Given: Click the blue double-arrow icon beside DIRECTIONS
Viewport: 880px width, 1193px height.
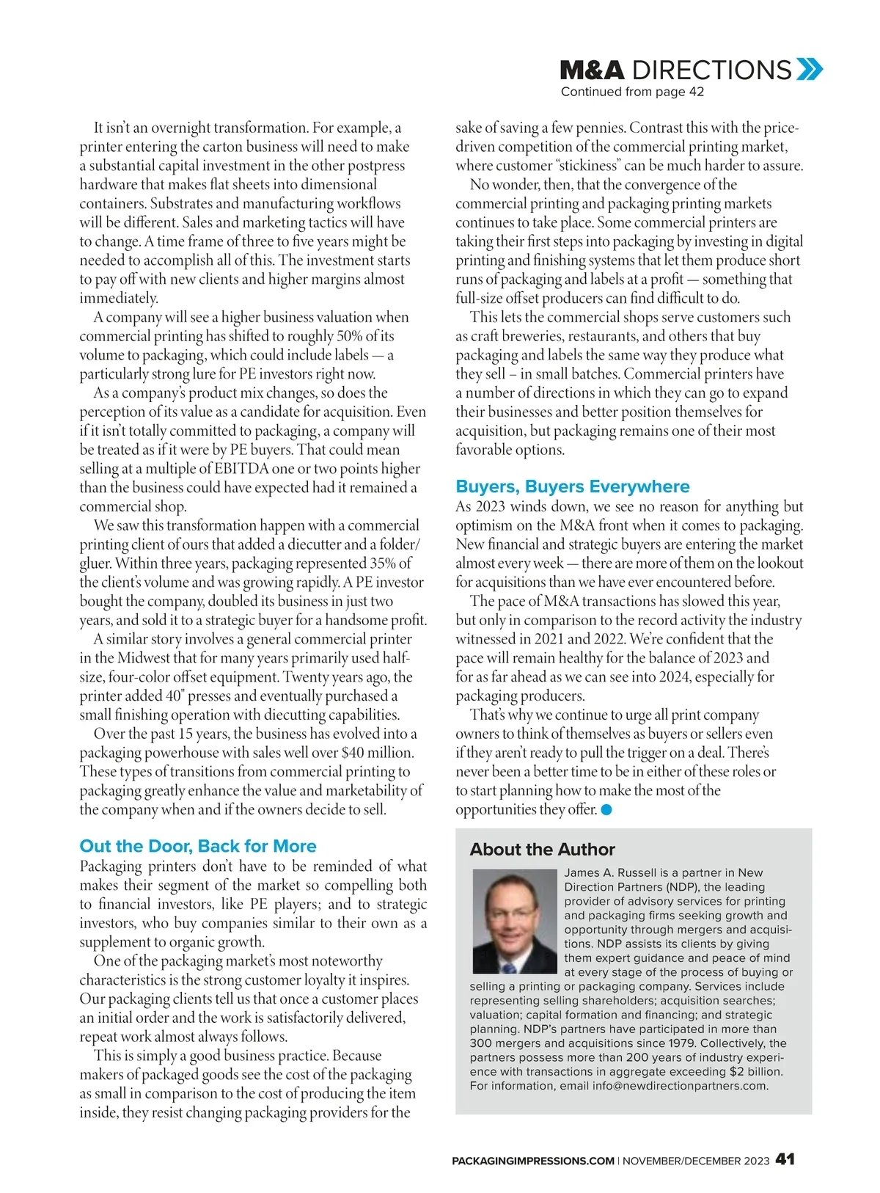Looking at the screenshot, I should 810,70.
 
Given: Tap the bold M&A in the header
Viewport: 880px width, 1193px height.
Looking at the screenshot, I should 592,70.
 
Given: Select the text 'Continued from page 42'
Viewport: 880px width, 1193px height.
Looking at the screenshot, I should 632,92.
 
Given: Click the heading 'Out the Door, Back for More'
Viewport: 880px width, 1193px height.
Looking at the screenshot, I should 198,846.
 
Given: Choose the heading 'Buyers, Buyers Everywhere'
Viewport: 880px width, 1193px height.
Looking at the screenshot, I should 572,486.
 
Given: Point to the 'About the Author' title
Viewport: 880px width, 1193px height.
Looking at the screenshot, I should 542,849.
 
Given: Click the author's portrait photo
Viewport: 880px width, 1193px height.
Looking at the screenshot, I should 515,921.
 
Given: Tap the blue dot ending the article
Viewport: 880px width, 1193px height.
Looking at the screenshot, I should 606,809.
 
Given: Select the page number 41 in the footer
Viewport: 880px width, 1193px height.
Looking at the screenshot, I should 785,1159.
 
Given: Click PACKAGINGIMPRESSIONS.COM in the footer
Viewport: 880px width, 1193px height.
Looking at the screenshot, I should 533,1161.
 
